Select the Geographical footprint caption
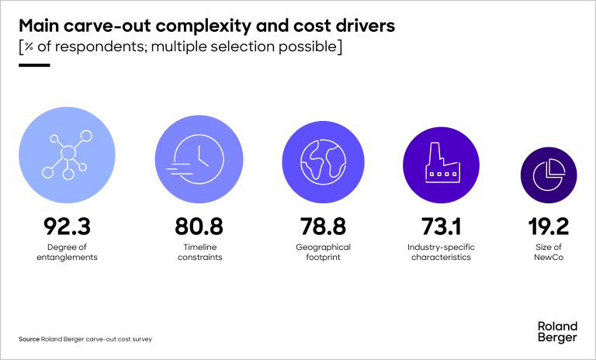pos(324,252)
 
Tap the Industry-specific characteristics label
pos(441,252)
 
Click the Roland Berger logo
pos(556,331)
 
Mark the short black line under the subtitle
pos(33,65)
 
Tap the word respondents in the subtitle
pos(83,47)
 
